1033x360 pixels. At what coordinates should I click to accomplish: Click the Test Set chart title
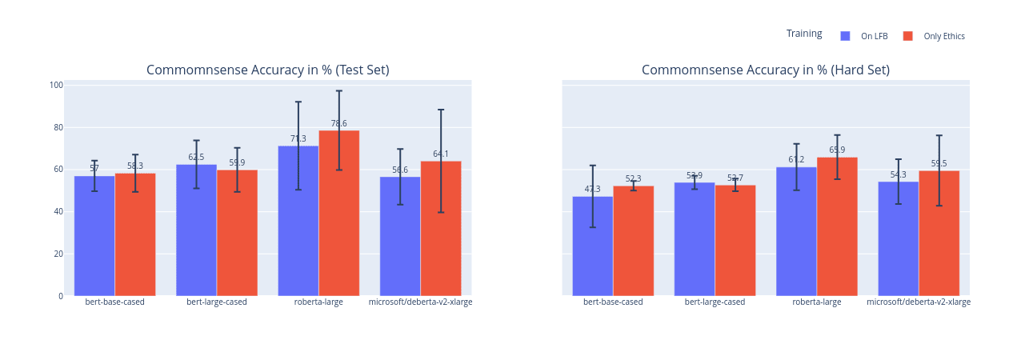tap(267, 70)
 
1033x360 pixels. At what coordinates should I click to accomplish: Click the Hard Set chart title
tap(765, 70)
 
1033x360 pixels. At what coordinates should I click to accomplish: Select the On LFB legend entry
tap(864, 36)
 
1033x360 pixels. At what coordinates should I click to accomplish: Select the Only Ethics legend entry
tap(935, 36)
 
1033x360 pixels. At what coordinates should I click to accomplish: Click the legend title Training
tap(804, 34)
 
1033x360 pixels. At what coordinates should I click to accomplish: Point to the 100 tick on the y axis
tap(56, 85)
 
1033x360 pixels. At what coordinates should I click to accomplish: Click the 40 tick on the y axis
tap(58, 212)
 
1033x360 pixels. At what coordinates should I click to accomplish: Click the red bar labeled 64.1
tap(441, 232)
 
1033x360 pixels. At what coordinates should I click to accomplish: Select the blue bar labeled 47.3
tap(593, 248)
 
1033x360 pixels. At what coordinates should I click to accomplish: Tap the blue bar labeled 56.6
tap(400, 240)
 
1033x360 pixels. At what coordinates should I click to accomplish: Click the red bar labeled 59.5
tap(939, 236)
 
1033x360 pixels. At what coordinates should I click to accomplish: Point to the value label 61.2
tap(796, 160)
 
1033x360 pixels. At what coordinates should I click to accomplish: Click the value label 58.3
tap(135, 166)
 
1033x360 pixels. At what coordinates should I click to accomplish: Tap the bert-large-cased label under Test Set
tap(217, 302)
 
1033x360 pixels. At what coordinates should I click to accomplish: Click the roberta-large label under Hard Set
tap(816, 302)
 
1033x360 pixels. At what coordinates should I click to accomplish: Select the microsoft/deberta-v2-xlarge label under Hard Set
tap(919, 302)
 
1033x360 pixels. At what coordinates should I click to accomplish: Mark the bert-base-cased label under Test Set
tap(114, 302)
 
